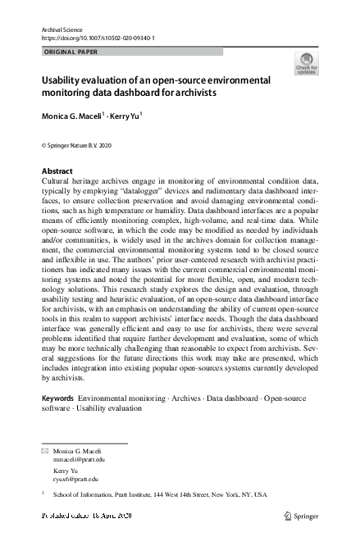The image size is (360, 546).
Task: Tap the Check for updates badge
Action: (x=306, y=64)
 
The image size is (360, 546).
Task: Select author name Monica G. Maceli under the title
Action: (x=72, y=117)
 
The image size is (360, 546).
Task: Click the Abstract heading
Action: (x=57, y=171)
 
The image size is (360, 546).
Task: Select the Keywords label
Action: (x=57, y=398)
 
